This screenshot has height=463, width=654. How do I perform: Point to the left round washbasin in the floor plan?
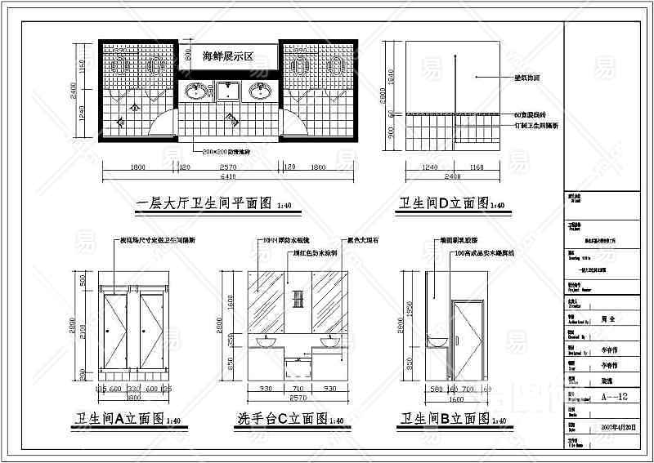coord(197,91)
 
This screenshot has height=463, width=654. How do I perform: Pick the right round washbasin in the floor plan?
coord(259,91)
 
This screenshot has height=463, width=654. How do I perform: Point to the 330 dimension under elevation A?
coord(132,390)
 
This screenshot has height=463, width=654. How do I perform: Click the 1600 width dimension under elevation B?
coord(455,398)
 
